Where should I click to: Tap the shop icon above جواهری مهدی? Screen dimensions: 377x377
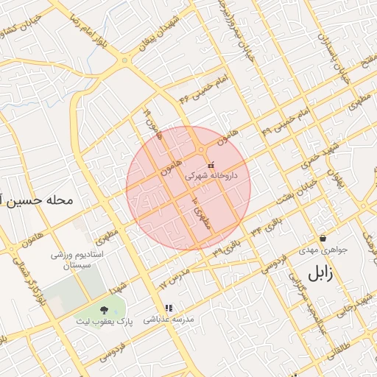pos(323,238)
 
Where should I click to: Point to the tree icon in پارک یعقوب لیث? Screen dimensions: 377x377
pos(102,309)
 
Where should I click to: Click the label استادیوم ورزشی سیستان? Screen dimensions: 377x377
pos(77,258)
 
